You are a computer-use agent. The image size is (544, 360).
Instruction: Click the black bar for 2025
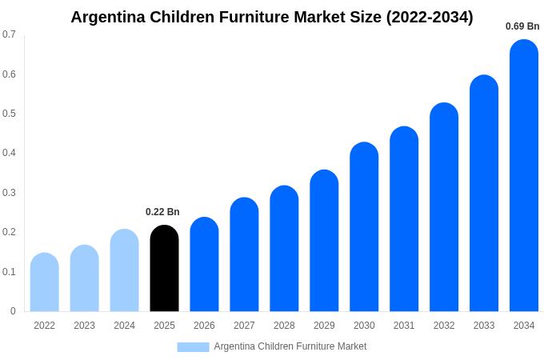(164, 269)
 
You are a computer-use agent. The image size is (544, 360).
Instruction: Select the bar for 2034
(524, 176)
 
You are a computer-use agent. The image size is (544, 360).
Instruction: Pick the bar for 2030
(364, 227)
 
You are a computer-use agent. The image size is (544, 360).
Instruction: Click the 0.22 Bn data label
(162, 212)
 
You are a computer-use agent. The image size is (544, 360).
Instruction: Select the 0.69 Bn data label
(522, 26)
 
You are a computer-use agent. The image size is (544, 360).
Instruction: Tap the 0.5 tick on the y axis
(9, 114)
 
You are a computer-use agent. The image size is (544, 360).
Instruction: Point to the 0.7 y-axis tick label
(9, 34)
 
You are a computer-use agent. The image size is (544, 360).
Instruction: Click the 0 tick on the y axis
(13, 311)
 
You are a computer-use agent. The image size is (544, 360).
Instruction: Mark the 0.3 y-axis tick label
(9, 193)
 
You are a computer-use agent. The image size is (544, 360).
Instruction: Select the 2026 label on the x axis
(204, 326)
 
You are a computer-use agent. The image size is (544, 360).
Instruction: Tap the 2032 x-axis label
(444, 326)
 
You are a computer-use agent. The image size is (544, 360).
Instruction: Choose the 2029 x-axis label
(324, 326)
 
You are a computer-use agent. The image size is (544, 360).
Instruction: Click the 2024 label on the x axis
(124, 326)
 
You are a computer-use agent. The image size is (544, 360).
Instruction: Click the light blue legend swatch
(193, 347)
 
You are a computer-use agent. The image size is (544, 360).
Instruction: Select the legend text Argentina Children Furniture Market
(290, 346)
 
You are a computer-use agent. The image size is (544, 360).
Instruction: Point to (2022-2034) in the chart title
(430, 17)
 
